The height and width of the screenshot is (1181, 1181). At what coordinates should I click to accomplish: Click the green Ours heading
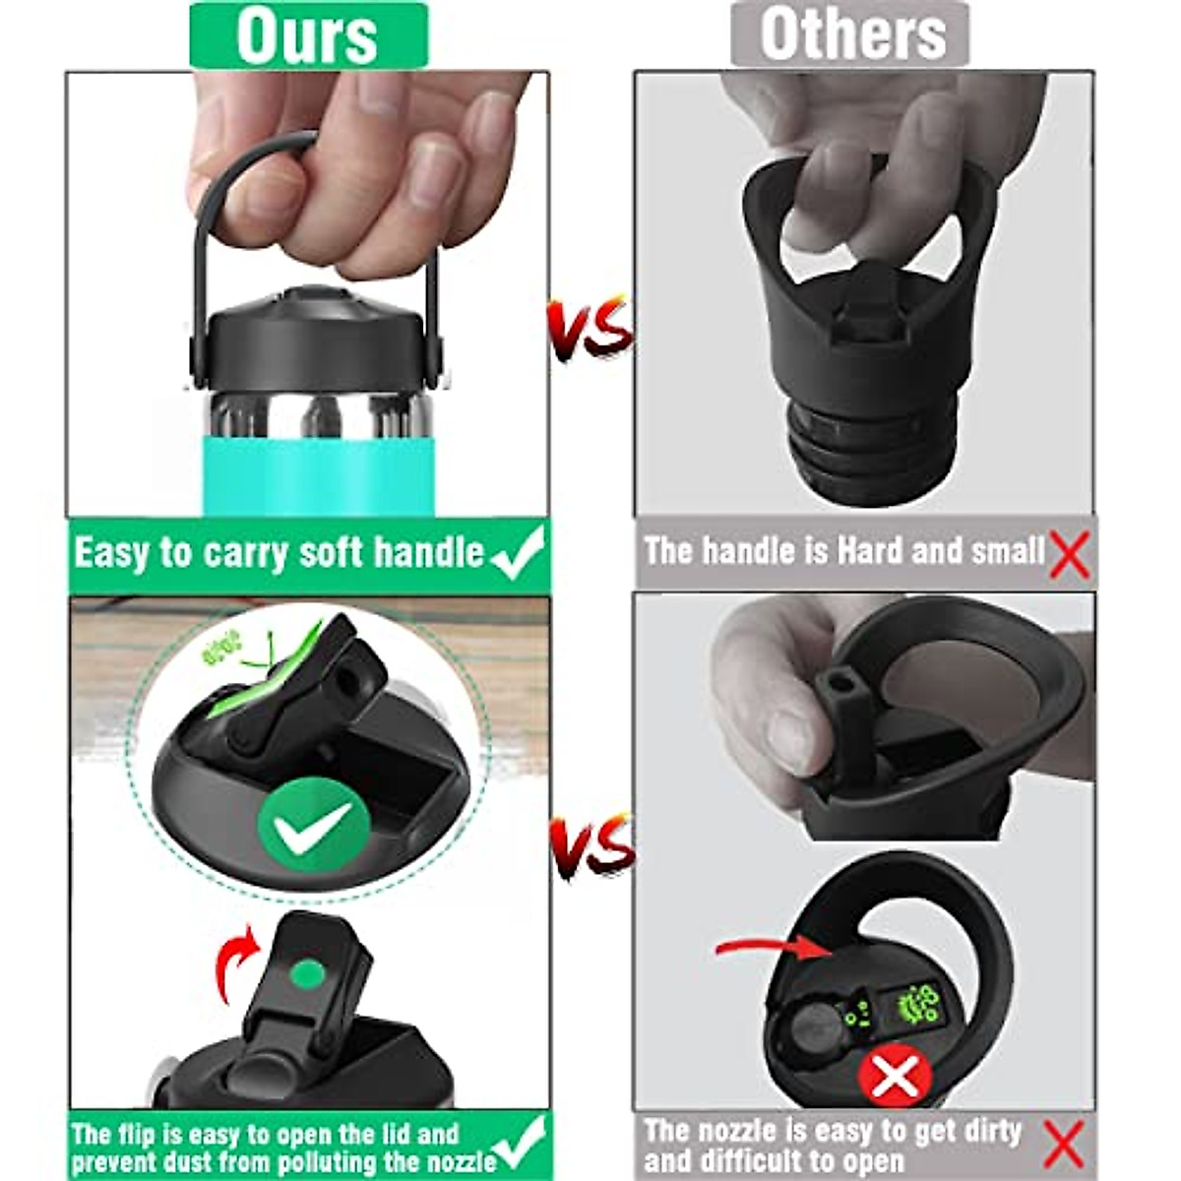coord(307,35)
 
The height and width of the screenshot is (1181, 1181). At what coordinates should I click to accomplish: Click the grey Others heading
coord(852,35)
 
